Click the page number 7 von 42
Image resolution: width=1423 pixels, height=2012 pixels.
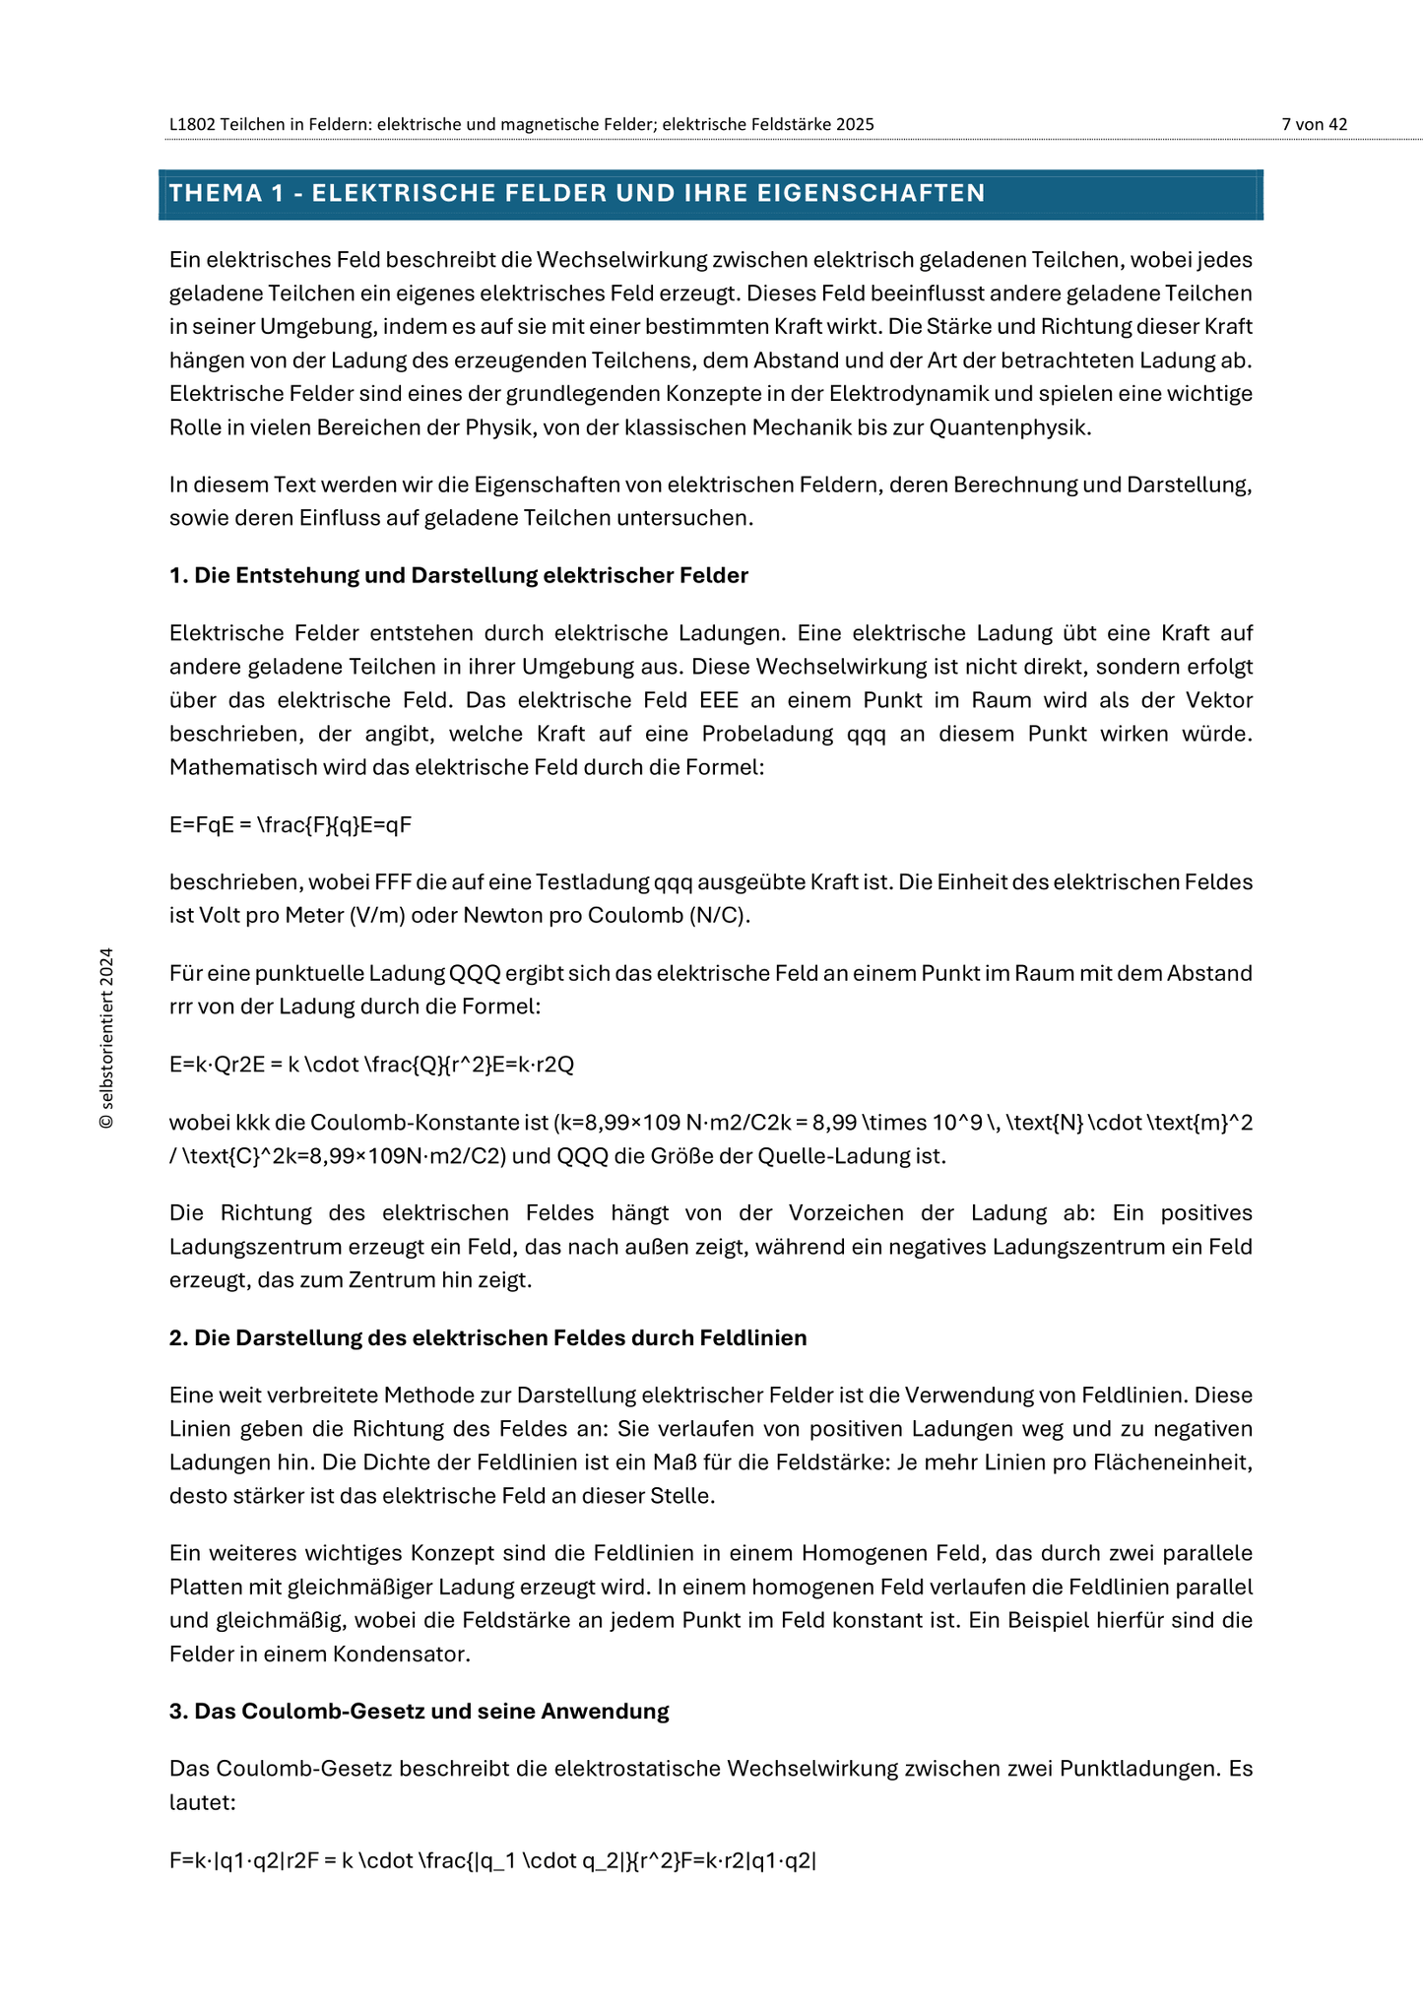pos(1314,124)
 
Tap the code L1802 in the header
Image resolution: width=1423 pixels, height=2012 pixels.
pos(192,124)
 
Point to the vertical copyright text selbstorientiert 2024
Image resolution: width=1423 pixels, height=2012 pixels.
pos(107,1038)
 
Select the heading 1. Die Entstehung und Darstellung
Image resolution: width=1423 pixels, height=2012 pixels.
pos(458,575)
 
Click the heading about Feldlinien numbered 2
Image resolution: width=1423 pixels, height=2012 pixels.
pos(487,1337)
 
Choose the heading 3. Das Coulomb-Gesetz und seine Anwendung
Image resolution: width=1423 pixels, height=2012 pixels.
pos(419,1711)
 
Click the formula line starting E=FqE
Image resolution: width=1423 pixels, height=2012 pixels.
pos(290,824)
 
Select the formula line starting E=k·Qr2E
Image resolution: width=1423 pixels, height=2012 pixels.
pos(371,1065)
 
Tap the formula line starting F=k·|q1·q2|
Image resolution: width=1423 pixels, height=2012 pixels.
pos(492,1860)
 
